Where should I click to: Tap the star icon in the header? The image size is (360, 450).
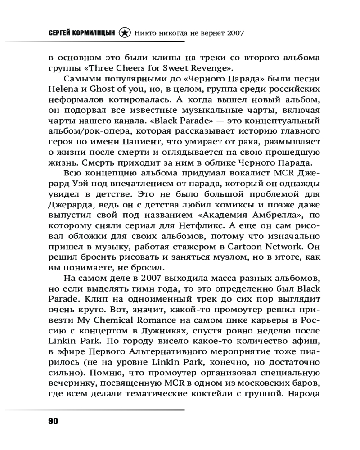coord(125,33)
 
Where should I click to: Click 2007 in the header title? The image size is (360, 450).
coord(235,33)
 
